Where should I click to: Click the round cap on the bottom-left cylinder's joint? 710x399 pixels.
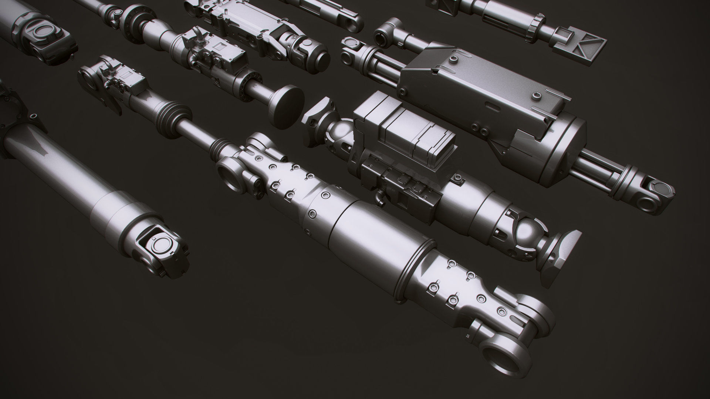162,244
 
